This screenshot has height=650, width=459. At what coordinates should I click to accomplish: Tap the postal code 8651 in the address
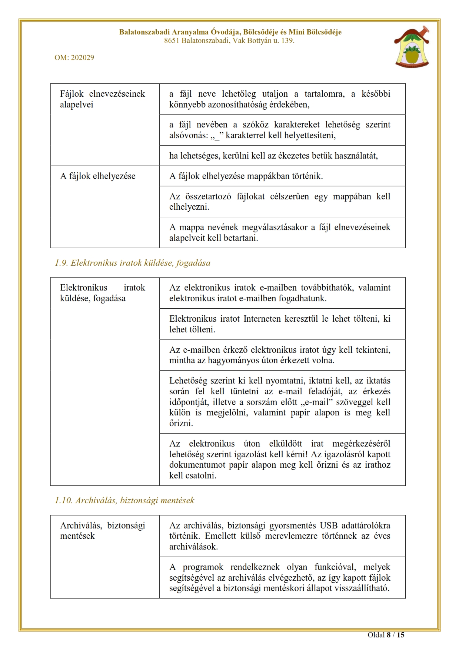[172, 41]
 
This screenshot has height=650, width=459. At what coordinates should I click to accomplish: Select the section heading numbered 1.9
[133, 263]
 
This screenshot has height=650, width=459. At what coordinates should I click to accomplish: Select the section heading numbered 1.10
[124, 501]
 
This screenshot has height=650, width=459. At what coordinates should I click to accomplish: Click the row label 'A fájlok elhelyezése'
[98, 176]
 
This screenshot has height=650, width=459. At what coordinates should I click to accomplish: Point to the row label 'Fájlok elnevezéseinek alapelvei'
[102, 99]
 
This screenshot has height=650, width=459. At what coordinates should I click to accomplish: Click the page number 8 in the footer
[389, 635]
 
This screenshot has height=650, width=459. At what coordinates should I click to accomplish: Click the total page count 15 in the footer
[400, 635]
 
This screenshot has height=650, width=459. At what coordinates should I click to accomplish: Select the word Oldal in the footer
[376, 635]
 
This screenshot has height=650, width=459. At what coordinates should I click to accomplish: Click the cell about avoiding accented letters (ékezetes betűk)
[273, 156]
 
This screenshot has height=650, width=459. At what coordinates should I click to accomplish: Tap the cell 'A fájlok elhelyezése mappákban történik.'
[246, 176]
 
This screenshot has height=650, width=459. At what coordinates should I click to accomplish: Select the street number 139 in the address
[287, 41]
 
